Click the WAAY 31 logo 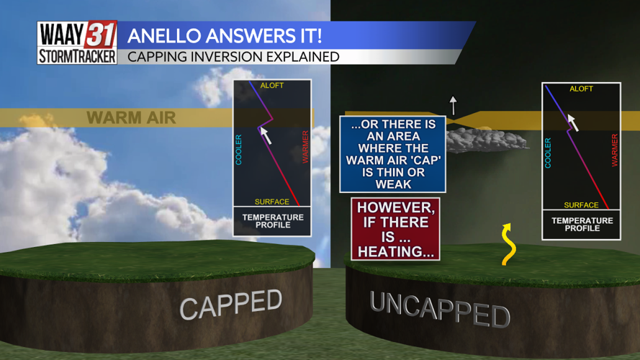tap(77, 34)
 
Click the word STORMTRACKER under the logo tap(77, 56)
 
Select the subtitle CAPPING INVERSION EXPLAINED tap(233, 56)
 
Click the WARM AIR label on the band tap(131, 117)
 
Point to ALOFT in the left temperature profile tap(272, 86)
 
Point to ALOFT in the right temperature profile tap(581, 89)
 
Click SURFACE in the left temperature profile tap(271, 202)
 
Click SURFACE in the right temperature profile tap(581, 205)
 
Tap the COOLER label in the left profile tap(239, 149)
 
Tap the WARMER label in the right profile tap(614, 150)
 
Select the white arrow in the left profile tap(265, 133)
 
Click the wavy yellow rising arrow tap(508, 244)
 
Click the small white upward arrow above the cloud tap(453, 105)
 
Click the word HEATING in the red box tap(395, 251)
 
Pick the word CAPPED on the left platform tap(230, 304)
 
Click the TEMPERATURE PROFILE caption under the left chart tap(272, 220)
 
